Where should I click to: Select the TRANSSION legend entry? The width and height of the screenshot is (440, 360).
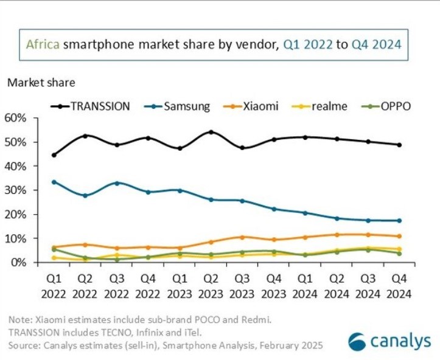(x=91, y=106)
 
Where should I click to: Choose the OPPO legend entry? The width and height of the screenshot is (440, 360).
(x=385, y=106)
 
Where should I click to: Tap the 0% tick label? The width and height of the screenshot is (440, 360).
(x=18, y=263)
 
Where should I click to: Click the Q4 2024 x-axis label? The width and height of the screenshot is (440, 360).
(x=399, y=286)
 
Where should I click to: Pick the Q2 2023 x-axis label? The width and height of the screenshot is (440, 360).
(x=211, y=286)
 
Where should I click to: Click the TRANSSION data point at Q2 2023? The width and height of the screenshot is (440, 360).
(x=211, y=132)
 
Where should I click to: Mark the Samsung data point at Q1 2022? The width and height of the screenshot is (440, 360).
(x=55, y=182)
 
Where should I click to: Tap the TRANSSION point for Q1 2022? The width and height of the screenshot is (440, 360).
(x=55, y=155)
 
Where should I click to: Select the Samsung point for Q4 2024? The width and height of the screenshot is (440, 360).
(x=399, y=221)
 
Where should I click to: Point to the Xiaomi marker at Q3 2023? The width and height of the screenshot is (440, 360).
(x=242, y=237)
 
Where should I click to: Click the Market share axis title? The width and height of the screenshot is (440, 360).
(x=41, y=82)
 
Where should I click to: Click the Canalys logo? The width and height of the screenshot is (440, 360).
(x=389, y=341)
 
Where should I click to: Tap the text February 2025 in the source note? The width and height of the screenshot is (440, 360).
(x=286, y=345)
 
